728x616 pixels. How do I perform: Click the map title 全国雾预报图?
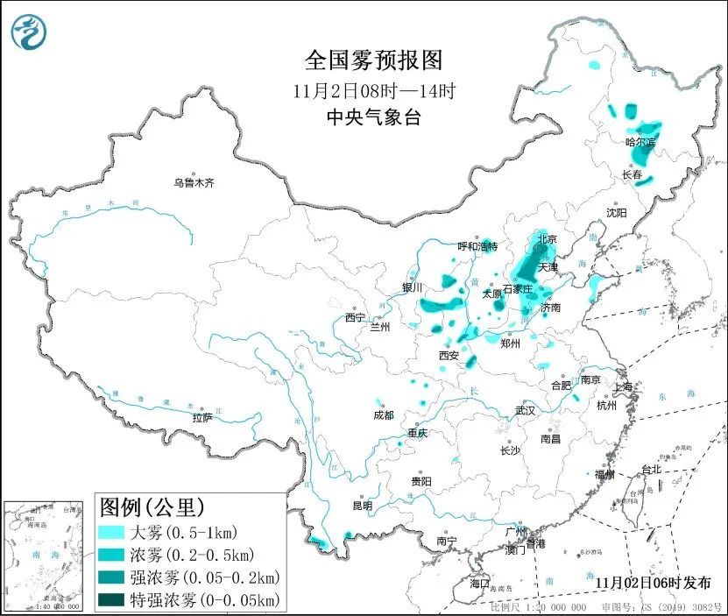click(373, 60)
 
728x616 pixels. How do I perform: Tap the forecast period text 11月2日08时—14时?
click(373, 90)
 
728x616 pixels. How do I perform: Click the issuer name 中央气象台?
click(373, 117)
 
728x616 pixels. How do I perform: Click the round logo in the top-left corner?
click(29, 32)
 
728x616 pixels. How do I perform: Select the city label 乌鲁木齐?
click(193, 183)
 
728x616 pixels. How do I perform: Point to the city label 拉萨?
click(201, 418)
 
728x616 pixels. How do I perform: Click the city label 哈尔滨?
click(640, 141)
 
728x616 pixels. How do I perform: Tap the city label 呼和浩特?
click(478, 246)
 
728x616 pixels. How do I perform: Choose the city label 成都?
click(384, 415)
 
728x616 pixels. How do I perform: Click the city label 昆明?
click(362, 506)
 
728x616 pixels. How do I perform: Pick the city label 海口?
click(478, 583)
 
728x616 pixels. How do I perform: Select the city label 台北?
click(651, 469)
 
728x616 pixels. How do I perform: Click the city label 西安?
click(449, 356)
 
